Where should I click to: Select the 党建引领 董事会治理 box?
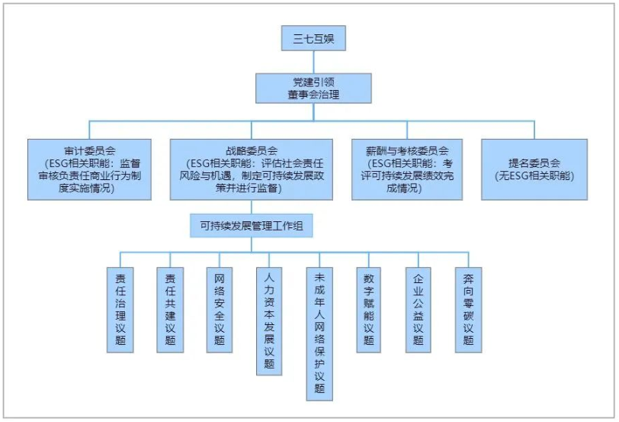(313, 88)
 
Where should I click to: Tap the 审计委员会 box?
(90, 169)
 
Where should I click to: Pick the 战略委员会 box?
(252, 169)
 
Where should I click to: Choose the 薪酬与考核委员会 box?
(407, 169)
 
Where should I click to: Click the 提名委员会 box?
(534, 169)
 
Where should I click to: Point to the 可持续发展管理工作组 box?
(252, 225)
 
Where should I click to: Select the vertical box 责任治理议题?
(120, 308)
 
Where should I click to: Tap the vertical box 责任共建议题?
(170, 308)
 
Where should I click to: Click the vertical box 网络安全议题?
(220, 308)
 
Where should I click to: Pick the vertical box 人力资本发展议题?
(269, 321)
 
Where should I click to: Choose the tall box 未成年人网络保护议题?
(319, 333)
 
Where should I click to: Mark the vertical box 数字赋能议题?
(369, 308)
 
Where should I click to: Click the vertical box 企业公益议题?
(419, 308)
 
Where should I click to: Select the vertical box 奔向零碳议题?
(468, 308)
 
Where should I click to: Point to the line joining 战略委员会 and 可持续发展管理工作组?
(252, 208)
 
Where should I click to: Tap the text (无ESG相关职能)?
(534, 176)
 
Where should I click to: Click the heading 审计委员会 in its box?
(90, 150)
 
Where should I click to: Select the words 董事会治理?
(313, 95)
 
